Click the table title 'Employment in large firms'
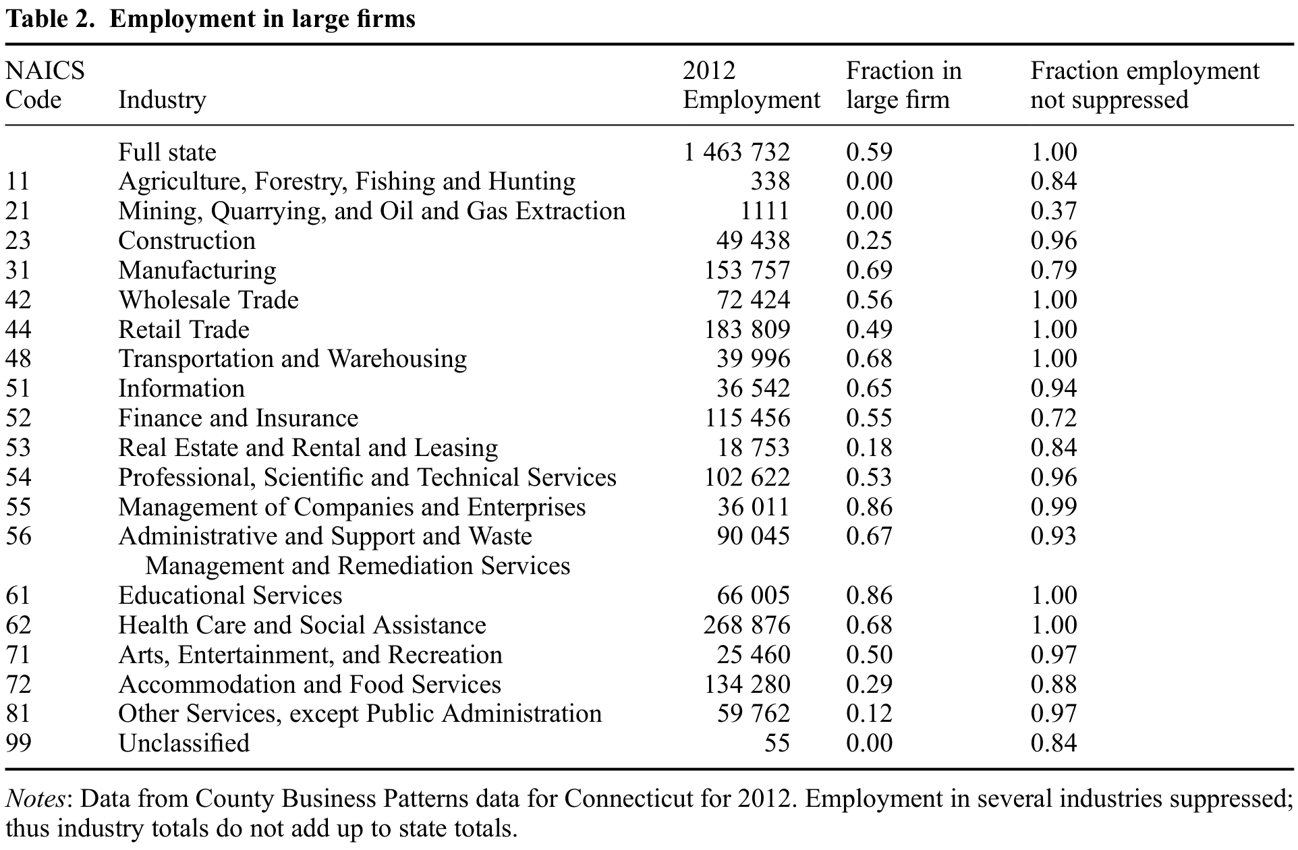pyautogui.click(x=262, y=20)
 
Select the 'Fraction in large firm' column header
pyautogui.click(x=904, y=85)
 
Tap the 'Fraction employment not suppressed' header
pyautogui.click(x=1145, y=85)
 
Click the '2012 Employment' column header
pyautogui.click(x=752, y=85)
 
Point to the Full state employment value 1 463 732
pyautogui.click(x=737, y=152)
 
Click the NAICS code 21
pyautogui.click(x=18, y=211)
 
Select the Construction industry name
pyautogui.click(x=187, y=241)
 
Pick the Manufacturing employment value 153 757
pyautogui.click(x=747, y=271)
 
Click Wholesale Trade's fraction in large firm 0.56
pyautogui.click(x=870, y=300)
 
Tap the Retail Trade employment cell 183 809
pyautogui.click(x=747, y=330)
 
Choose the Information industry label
pyautogui.click(x=181, y=389)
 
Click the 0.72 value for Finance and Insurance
pyautogui.click(x=1054, y=418)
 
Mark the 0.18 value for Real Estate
pyautogui.click(x=870, y=448)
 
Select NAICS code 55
pyautogui.click(x=18, y=507)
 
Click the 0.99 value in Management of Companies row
pyautogui.click(x=1054, y=507)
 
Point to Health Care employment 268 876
pyautogui.click(x=747, y=625)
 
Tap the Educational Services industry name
pyautogui.click(x=230, y=596)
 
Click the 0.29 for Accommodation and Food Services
pyautogui.click(x=870, y=685)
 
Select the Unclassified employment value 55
pyautogui.click(x=777, y=743)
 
